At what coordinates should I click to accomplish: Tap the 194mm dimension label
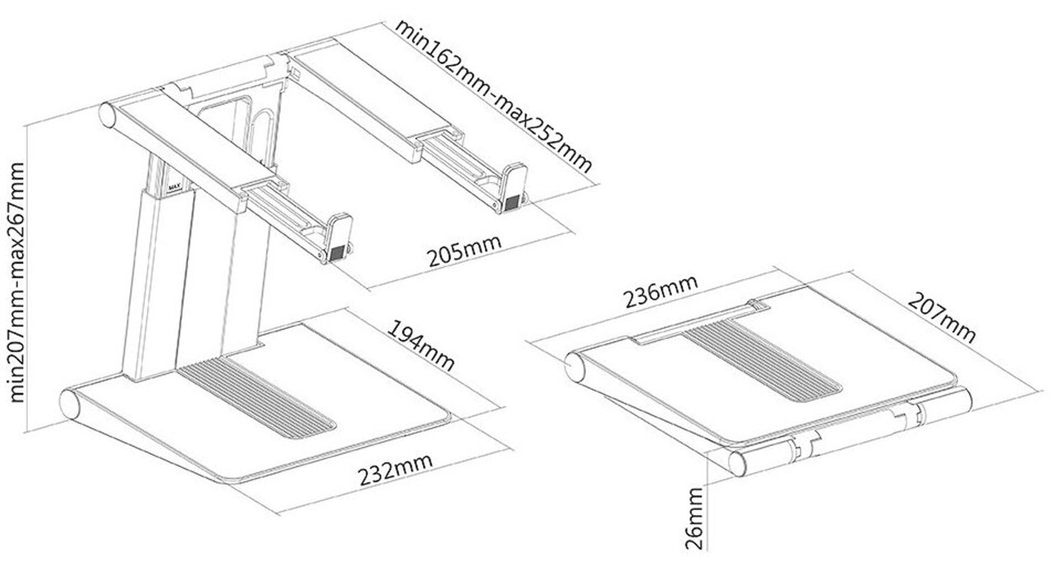(x=420, y=346)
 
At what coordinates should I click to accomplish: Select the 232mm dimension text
(x=395, y=469)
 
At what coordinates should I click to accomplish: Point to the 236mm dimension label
(x=660, y=292)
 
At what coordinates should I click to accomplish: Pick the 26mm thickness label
(x=694, y=519)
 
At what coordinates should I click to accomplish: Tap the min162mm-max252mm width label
(x=494, y=96)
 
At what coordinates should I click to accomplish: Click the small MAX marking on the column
(x=174, y=187)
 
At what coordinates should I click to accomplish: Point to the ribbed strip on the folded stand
(x=760, y=361)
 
